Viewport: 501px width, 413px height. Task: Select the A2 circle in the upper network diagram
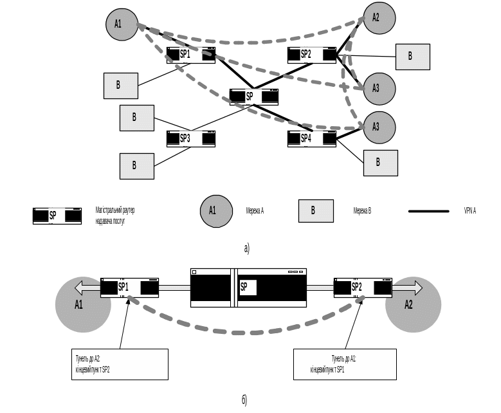click(379, 18)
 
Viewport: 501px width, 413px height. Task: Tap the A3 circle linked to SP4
click(379, 127)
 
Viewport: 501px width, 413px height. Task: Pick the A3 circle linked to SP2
click(379, 89)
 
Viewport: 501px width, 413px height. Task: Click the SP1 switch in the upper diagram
click(190, 55)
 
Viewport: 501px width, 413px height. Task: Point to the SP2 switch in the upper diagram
click(312, 55)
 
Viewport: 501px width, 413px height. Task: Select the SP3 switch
click(190, 138)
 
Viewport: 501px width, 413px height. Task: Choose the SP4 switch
click(312, 138)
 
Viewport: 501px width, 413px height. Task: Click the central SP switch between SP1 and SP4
click(254, 97)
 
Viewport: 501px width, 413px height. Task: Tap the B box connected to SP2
click(412, 57)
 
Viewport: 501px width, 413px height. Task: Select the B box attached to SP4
click(380, 163)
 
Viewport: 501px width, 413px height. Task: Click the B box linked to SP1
click(121, 85)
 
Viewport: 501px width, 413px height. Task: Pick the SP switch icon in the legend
click(57, 216)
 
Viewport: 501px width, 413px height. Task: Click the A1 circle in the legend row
click(216, 211)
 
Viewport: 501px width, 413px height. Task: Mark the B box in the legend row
click(315, 211)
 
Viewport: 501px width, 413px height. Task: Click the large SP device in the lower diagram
click(248, 288)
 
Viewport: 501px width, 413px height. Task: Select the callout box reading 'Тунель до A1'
click(344, 364)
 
